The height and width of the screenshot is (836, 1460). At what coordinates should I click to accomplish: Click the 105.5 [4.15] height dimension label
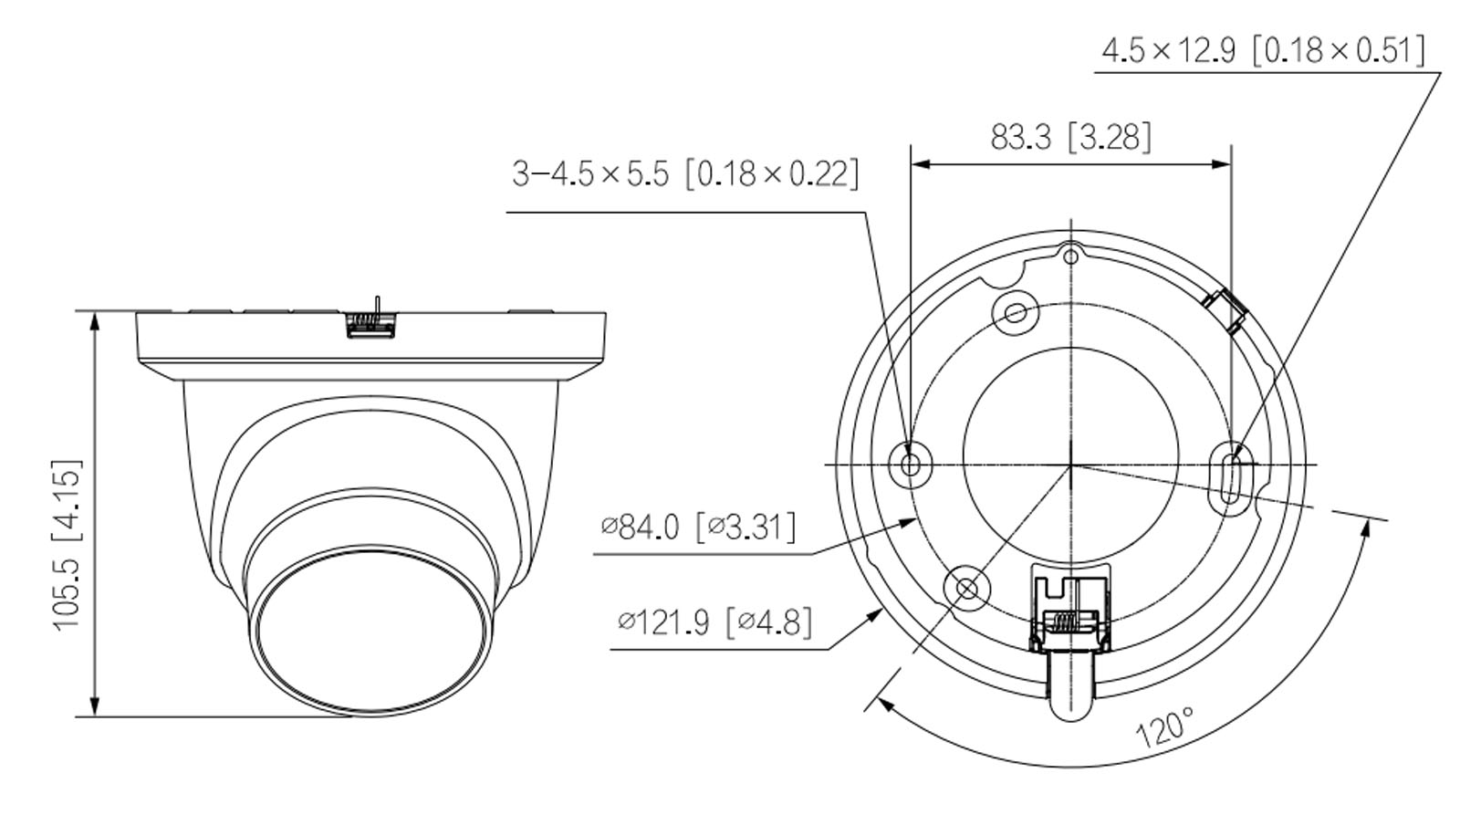click(68, 543)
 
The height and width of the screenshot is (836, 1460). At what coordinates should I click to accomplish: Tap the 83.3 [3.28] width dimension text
click(1070, 138)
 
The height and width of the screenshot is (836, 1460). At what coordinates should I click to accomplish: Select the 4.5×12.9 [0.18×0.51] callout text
click(1262, 50)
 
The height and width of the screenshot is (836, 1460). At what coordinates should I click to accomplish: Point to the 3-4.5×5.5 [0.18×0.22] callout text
click(685, 172)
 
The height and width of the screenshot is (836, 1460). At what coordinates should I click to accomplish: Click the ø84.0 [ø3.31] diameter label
click(698, 527)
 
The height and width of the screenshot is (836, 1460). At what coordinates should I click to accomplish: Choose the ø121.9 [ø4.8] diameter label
click(714, 622)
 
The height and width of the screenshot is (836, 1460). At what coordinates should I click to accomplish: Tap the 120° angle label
click(1163, 727)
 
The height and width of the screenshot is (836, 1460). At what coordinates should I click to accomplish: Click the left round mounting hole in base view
click(910, 465)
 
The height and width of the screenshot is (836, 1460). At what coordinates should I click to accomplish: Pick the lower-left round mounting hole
click(967, 588)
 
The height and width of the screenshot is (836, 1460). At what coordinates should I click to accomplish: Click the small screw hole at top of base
click(1071, 256)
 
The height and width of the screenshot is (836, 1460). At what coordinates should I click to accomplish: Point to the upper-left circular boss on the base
click(1015, 313)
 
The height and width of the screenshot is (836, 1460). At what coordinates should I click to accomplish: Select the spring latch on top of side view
click(372, 320)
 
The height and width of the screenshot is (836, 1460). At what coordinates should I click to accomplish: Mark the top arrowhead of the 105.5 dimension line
click(94, 319)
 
